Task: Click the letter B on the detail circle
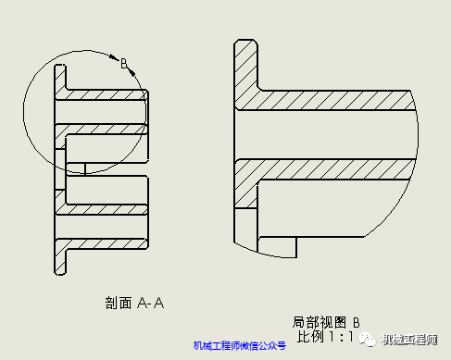122,62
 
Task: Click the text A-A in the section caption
151,302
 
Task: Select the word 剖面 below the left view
119,302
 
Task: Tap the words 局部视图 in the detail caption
319,323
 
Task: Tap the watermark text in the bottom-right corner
408,340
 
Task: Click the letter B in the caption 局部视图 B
356,323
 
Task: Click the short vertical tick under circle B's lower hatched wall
84,168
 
